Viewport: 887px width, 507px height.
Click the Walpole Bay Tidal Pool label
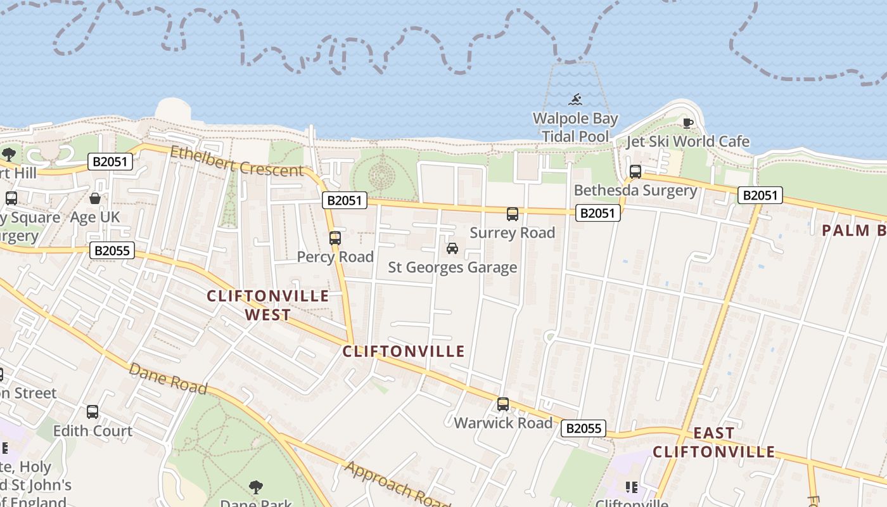(575, 127)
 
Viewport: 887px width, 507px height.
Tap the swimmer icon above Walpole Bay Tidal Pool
(575, 99)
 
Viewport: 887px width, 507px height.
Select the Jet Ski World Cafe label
(688, 141)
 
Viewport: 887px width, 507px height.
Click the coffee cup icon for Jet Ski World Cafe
(688, 123)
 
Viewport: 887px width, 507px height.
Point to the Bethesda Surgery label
(635, 190)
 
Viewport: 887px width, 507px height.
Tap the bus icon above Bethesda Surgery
(635, 171)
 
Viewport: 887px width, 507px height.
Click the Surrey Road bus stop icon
(513, 214)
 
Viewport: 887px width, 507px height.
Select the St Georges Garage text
(452, 267)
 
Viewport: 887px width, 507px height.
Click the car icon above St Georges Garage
(452, 248)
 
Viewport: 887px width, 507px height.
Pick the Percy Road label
(335, 257)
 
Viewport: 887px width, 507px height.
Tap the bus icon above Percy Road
(335, 238)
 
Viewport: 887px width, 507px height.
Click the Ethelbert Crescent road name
(237, 160)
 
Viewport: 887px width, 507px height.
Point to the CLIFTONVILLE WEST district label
(268, 305)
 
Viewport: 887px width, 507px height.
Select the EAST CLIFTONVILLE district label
(714, 442)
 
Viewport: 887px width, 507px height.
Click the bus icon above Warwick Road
(503, 404)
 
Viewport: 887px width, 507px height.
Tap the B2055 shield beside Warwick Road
(583, 428)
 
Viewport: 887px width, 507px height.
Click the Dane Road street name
(168, 378)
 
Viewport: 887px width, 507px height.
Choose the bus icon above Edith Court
(93, 412)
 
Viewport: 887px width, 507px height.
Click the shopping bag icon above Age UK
(95, 198)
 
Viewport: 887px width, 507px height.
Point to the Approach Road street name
(397, 484)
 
